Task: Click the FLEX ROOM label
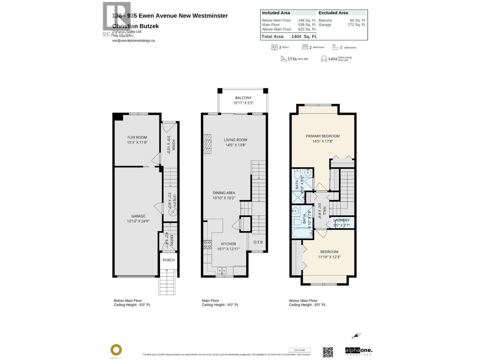point(137,137)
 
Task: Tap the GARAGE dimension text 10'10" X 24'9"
point(138,221)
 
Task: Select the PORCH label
point(169,260)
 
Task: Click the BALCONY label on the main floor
point(243,98)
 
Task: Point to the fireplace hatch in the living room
point(207,144)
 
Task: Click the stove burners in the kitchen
point(207,244)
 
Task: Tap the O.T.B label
point(258,242)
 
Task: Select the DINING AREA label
point(224,193)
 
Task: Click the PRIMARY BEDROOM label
point(322,136)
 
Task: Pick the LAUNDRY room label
point(341,220)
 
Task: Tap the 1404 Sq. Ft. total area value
point(304,37)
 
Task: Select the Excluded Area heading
point(333,13)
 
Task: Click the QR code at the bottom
point(328,352)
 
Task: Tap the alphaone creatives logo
point(358,351)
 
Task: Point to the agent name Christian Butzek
point(136,26)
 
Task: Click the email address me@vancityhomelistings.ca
point(133,40)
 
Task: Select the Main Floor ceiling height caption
point(220,305)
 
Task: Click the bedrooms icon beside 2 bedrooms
point(305,47)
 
